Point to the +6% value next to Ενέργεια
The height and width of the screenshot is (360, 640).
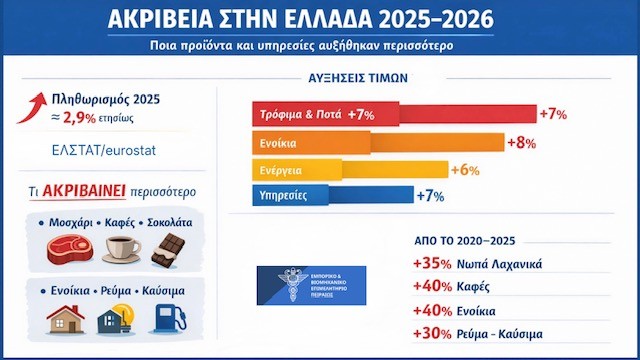464,169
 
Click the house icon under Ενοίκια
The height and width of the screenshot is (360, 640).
62,319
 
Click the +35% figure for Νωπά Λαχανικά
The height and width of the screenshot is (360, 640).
431,264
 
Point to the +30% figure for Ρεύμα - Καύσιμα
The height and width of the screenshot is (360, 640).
431,332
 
